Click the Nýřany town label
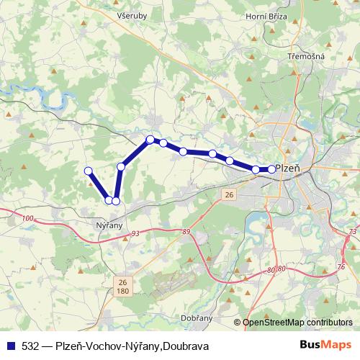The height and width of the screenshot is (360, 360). click(x=110, y=225)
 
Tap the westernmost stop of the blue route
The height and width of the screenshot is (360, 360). click(x=89, y=171)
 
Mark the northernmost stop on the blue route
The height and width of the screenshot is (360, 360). click(x=150, y=139)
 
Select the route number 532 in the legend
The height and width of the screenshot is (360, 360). click(x=32, y=346)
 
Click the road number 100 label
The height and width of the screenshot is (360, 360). click(x=28, y=217)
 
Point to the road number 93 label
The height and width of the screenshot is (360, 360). click(x=135, y=234)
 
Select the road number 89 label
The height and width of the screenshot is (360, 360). click(x=186, y=231)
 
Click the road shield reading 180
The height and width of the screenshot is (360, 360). click(x=122, y=291)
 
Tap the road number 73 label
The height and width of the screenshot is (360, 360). click(x=351, y=231)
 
